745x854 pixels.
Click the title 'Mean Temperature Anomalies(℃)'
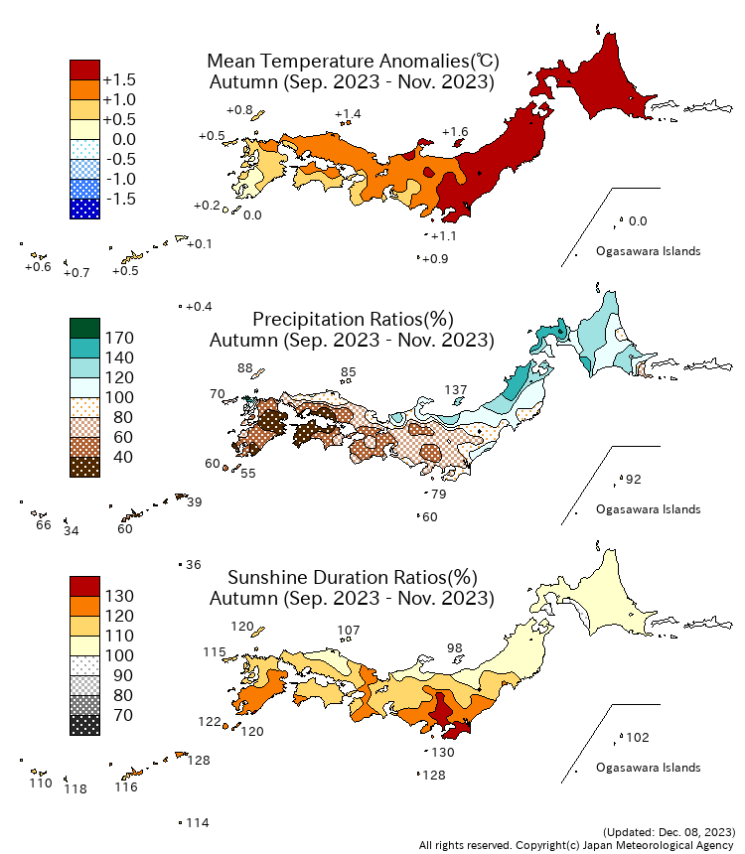(352, 61)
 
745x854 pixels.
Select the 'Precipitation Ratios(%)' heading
(353, 319)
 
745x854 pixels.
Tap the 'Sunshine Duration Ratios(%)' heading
(353, 577)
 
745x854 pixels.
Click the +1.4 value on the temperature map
(348, 114)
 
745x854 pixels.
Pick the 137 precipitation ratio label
(456, 389)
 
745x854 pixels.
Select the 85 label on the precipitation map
(348, 372)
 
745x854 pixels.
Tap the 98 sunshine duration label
(455, 647)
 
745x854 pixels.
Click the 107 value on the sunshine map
(349, 630)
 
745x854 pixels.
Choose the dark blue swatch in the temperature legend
(84, 209)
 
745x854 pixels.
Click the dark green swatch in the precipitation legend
(84, 328)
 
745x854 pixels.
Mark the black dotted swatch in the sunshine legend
(84, 725)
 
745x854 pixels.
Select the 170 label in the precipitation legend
(119, 338)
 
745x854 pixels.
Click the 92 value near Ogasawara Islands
(633, 480)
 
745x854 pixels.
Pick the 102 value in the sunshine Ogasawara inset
(637, 737)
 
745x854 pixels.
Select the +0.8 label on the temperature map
(239, 109)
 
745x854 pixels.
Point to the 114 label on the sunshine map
(198, 822)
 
